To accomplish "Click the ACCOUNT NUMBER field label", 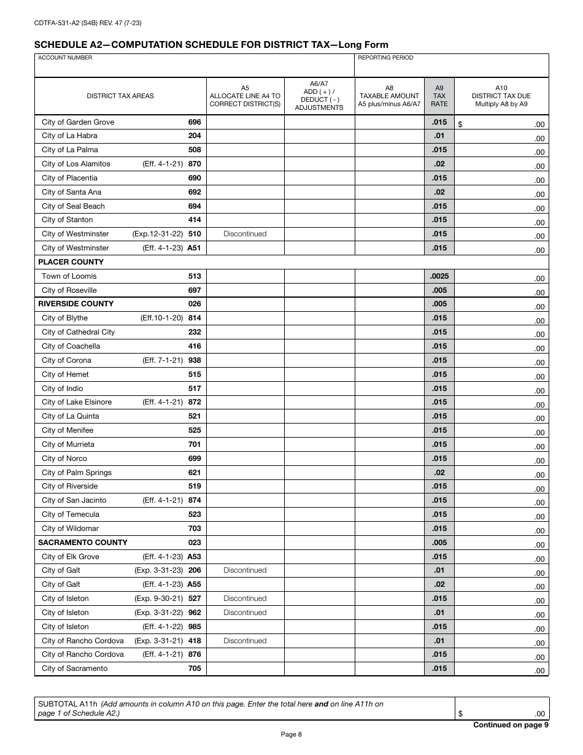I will [65, 58].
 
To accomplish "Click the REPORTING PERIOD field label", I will [385, 58].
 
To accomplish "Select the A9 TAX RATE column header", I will [439, 96].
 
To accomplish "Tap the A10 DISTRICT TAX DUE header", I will [501, 96].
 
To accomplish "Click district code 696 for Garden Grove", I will [195, 122].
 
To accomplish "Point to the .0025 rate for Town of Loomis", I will [439, 276].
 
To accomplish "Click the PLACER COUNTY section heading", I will [71, 262].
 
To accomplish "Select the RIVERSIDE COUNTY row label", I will [75, 304].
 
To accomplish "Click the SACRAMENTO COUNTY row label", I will [83, 543].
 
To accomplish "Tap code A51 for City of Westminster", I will [194, 248].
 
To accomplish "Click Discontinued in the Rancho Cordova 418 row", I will [245, 641].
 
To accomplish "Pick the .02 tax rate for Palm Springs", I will [439, 473].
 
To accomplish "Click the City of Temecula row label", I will [70, 514].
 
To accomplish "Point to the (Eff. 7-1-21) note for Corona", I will [163, 360].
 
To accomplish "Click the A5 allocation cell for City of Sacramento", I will [245, 668].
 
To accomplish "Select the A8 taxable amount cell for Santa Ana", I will [390, 192].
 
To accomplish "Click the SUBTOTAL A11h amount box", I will [501, 709].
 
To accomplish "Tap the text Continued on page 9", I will [511, 725].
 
